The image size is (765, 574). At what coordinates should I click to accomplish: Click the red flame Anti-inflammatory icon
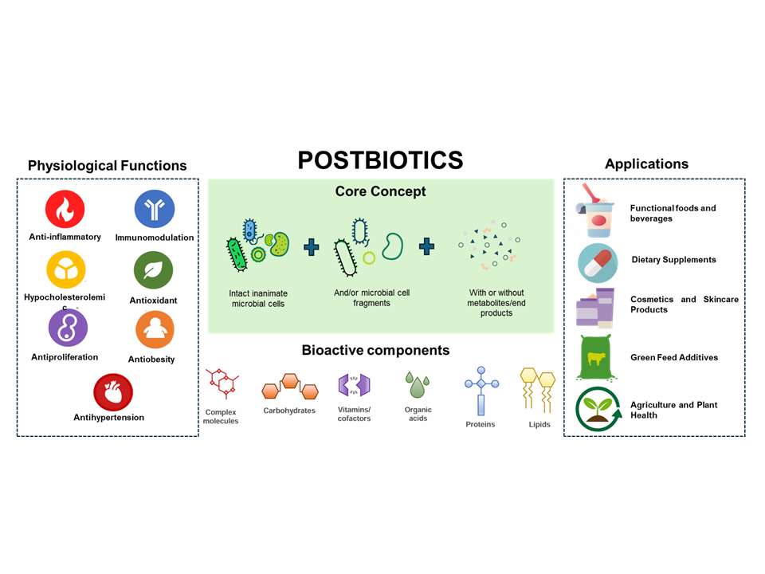click(65, 210)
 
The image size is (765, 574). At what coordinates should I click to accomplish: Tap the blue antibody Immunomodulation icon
click(155, 209)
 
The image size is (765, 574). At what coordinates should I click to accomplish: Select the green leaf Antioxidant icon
click(153, 271)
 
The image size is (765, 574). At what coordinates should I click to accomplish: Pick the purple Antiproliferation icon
click(68, 327)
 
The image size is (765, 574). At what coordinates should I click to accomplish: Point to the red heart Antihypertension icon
click(113, 391)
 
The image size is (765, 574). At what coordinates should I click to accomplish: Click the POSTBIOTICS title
click(380, 160)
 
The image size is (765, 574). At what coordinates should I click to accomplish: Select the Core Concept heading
click(380, 191)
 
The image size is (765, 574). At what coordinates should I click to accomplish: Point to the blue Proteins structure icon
click(480, 391)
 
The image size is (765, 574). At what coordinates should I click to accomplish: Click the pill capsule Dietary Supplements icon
click(598, 261)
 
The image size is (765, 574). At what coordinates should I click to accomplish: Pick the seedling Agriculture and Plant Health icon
click(597, 408)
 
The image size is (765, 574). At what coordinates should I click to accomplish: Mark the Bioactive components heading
click(375, 350)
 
